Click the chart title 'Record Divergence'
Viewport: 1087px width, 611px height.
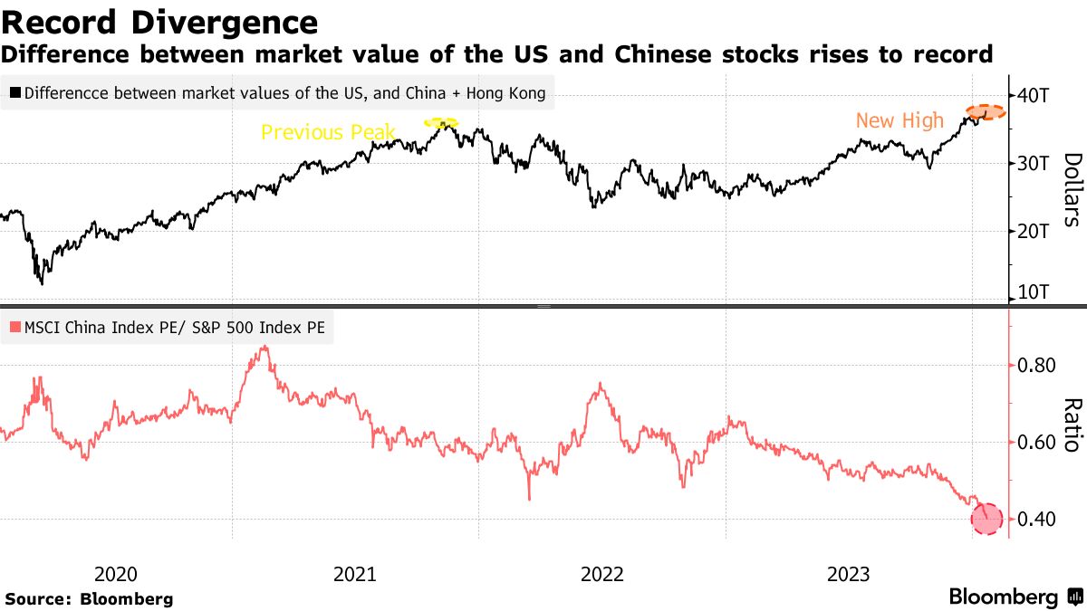point(159,22)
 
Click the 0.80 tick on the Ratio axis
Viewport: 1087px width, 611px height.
point(1036,366)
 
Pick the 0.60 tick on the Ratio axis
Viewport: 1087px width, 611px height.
point(1036,443)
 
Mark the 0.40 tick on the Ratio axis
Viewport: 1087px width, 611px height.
point(1036,520)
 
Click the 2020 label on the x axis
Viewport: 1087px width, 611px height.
point(116,574)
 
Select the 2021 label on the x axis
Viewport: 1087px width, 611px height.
point(356,574)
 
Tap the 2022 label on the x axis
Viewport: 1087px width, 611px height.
point(602,574)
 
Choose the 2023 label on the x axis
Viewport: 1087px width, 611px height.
point(849,574)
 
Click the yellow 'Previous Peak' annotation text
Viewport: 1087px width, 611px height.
point(328,132)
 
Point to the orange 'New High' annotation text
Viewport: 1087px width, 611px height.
point(899,120)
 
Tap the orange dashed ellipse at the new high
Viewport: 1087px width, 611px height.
point(985,112)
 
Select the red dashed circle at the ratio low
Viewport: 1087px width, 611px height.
point(988,520)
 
